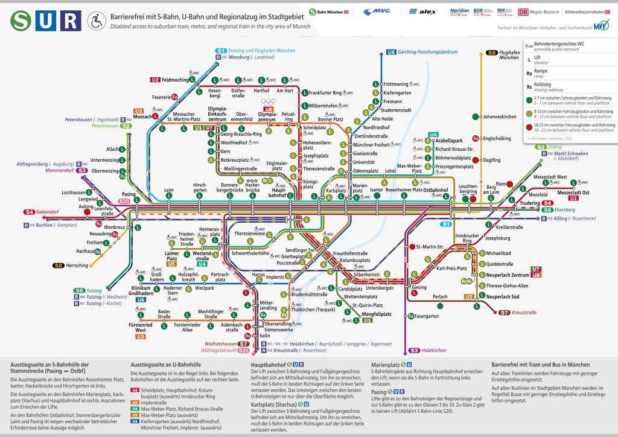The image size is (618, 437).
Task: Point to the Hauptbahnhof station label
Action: click(278, 192)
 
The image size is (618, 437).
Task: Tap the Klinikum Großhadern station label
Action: click(141, 290)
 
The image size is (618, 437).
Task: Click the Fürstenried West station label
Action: click(141, 328)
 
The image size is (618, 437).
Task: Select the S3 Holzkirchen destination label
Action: click(432, 350)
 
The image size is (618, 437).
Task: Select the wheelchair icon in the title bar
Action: click(96, 22)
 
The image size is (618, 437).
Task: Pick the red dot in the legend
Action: click(529, 127)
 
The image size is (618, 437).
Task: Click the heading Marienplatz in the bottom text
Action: click(387, 365)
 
